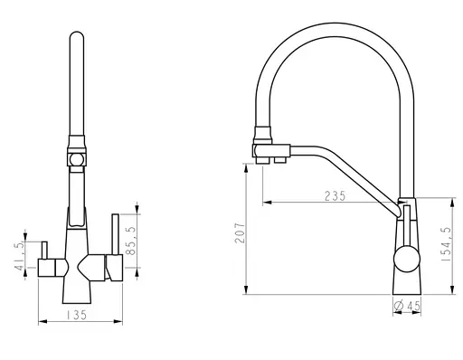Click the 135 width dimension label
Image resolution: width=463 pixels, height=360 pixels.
[x=76, y=315]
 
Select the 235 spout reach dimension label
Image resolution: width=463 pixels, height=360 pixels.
[x=335, y=196]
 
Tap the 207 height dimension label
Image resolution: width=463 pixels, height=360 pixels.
[x=241, y=232]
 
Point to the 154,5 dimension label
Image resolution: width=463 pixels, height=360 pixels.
[x=446, y=244]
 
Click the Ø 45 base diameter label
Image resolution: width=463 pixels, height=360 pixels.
[x=407, y=306]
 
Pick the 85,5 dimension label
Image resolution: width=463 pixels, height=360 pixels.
[x=132, y=241]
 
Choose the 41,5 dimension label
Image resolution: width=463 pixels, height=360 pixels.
[x=20, y=256]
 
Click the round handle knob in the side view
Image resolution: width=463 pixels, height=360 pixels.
[x=407, y=260]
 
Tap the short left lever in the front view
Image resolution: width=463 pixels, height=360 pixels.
[x=44, y=250]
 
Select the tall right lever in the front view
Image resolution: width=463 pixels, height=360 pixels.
[x=115, y=234]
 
